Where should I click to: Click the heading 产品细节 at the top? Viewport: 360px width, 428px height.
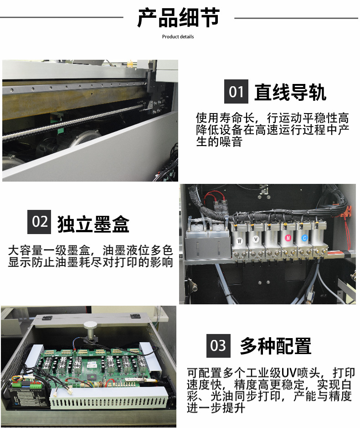click(179, 18)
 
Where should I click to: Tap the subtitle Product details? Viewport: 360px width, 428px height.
click(178, 37)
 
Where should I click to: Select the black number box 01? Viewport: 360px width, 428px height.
click(236, 91)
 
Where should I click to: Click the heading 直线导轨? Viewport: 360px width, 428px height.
click(290, 92)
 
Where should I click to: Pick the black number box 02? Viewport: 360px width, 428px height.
click(39, 222)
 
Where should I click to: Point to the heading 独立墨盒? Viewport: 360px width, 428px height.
click(93, 224)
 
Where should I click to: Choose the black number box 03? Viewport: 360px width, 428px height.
click(218, 345)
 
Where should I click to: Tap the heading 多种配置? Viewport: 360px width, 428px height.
click(276, 345)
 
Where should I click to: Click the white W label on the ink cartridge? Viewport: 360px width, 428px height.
click(239, 241)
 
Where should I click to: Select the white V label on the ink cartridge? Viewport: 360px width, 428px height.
click(256, 240)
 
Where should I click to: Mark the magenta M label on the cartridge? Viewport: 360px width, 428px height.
click(288, 238)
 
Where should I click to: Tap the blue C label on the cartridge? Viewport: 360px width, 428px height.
click(304, 238)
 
